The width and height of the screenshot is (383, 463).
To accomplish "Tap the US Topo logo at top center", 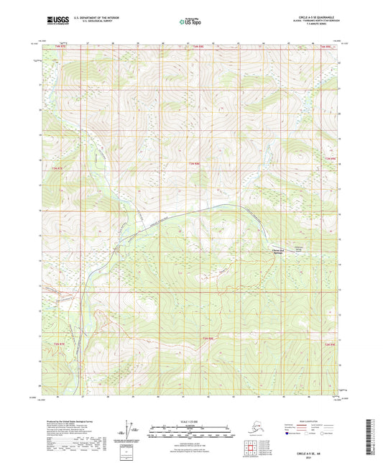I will pos(191,22).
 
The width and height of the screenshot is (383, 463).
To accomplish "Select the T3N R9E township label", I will pos(331,157).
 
